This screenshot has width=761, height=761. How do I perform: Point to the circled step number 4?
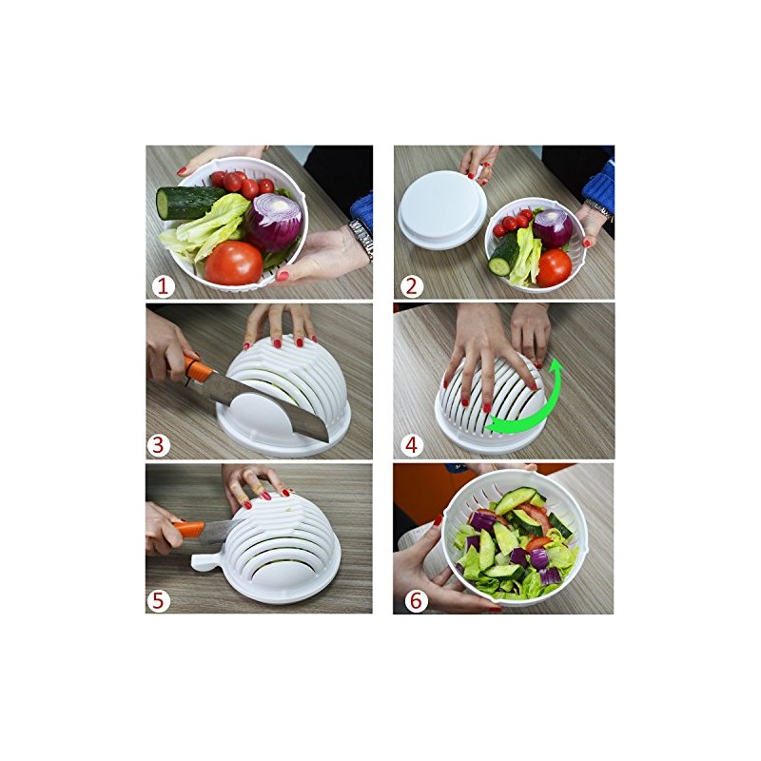[411, 442]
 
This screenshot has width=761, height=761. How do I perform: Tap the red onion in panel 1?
[276, 221]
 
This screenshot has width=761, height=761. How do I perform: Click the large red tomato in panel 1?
[234, 262]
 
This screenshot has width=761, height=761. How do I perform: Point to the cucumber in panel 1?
[187, 201]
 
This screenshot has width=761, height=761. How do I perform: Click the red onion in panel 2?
[552, 227]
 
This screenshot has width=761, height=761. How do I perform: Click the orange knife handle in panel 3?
[195, 368]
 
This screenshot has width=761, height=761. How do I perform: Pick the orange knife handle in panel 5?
[186, 529]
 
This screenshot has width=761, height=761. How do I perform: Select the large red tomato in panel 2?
[553, 266]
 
